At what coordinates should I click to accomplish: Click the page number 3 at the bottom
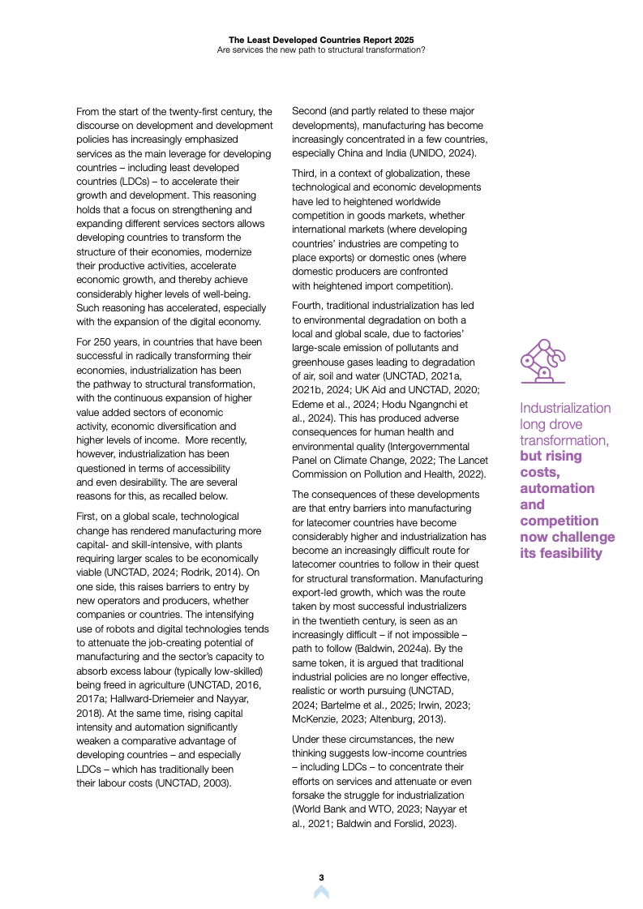[x=321, y=877]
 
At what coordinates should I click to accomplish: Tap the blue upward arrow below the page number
[x=321, y=892]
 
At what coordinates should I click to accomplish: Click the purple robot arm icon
[x=542, y=362]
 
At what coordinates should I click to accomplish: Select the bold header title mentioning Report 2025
[x=320, y=38]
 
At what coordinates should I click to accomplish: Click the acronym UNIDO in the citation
[x=433, y=153]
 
